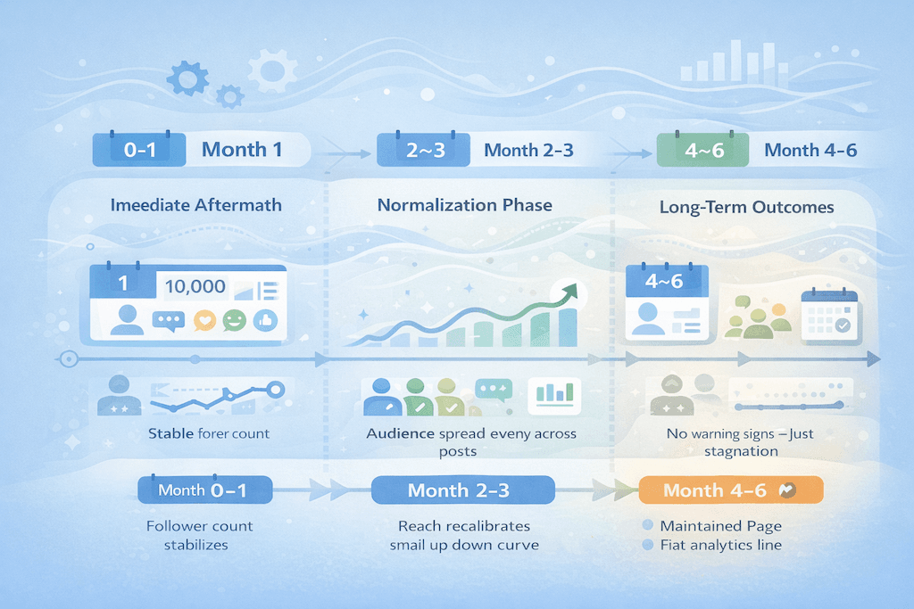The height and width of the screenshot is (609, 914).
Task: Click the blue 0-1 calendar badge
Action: click(x=139, y=150)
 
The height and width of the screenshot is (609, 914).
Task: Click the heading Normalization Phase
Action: click(x=464, y=205)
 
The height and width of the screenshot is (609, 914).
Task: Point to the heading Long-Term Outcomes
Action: click(x=746, y=207)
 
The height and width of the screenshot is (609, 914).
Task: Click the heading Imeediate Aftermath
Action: click(x=195, y=205)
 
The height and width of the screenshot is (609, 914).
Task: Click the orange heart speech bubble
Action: click(x=204, y=320)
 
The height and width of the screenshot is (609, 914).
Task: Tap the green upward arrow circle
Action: click(x=563, y=293)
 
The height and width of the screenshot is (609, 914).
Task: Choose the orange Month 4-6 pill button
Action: click(x=730, y=490)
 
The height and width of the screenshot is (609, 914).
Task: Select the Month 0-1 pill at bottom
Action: click(x=205, y=490)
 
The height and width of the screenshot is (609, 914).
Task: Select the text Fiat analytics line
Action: click(x=720, y=545)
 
